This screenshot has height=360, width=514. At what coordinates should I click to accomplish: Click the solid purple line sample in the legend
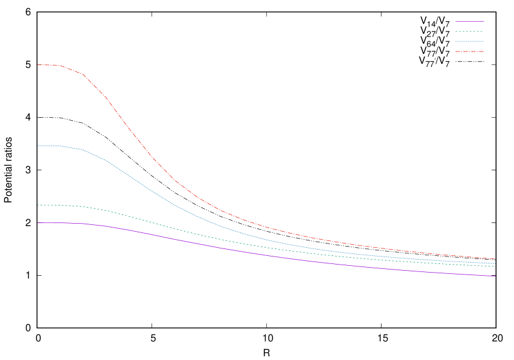(469, 21)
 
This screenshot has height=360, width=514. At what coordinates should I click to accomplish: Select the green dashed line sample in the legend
(469, 31)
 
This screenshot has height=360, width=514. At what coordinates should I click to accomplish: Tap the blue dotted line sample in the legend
(469, 42)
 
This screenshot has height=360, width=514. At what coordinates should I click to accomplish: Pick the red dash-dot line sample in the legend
(469, 51)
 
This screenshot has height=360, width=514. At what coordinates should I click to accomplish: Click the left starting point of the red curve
(38, 65)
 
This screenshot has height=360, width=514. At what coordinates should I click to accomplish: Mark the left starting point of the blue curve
(38, 146)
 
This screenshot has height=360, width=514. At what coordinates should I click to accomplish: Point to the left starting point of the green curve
(38, 205)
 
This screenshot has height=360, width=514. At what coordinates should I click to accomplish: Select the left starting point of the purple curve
(38, 222)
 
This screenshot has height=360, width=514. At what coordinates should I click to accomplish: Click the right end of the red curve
(495, 259)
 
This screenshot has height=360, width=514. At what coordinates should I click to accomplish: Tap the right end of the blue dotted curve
(495, 263)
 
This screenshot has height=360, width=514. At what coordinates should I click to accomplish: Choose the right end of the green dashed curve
(495, 266)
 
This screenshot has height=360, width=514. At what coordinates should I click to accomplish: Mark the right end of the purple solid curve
(495, 276)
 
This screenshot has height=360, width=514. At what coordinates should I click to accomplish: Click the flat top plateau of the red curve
(48, 65)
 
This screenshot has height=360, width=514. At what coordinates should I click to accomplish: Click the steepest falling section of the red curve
(127, 125)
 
